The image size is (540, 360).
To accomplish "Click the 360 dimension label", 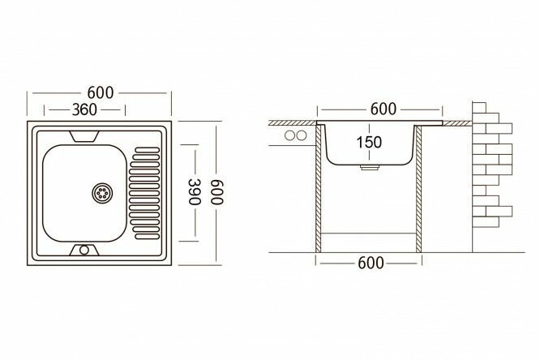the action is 84,110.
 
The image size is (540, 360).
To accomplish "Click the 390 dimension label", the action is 195,191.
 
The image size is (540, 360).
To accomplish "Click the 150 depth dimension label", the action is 369,142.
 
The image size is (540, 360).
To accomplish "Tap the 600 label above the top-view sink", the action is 101,92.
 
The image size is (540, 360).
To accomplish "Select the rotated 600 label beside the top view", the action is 216,192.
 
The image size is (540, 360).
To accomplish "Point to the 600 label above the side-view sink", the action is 384,109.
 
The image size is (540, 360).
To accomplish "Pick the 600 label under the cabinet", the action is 371,264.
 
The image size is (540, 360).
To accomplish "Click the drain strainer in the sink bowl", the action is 102,193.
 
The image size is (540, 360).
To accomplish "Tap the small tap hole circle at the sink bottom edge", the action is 84,250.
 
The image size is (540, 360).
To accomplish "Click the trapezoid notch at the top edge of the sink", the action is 84,136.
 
